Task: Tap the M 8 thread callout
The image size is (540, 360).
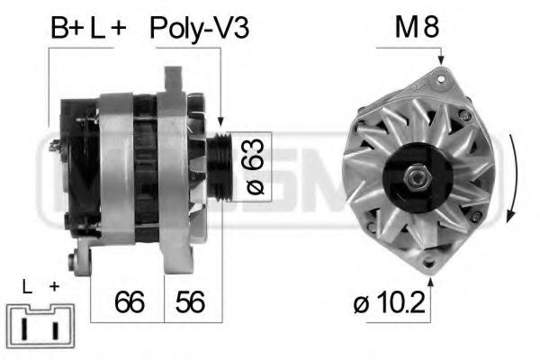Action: point(417,28)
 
